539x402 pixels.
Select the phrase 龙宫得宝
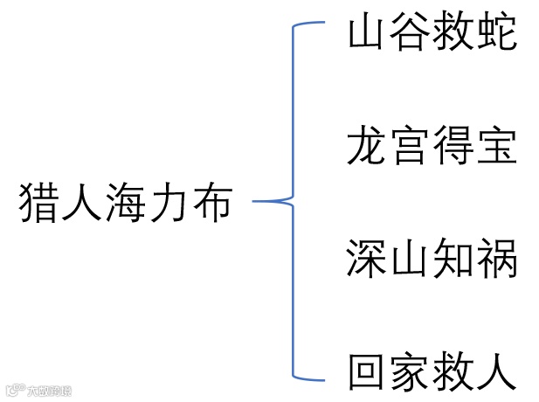pos(432,146)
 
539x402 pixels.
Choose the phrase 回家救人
pos(432,373)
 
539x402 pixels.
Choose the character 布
pos(212,203)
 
